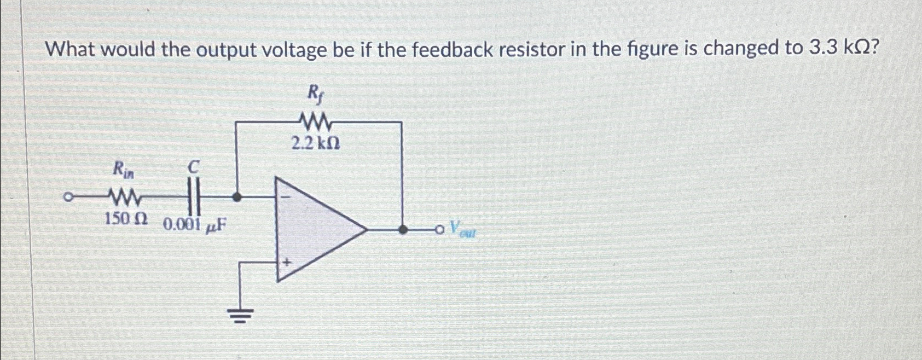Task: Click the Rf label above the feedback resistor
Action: (x=314, y=95)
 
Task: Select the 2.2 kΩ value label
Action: (x=315, y=144)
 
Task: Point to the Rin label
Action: (x=123, y=170)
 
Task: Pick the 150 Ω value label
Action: (x=126, y=219)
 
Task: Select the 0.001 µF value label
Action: (x=195, y=224)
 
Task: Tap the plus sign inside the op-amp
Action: (x=286, y=263)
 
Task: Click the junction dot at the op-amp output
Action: (x=402, y=230)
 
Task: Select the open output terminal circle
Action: (x=439, y=230)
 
